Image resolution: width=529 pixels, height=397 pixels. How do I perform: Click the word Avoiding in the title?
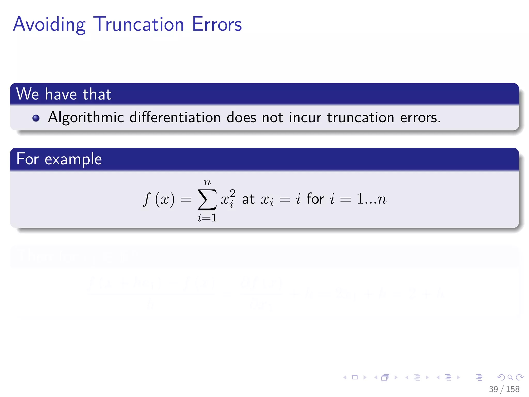coord(49,25)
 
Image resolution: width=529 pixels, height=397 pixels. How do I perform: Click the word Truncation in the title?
coord(138,25)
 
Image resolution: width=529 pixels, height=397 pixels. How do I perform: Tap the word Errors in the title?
coord(217,25)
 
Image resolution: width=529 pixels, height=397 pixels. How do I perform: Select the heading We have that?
coord(64,94)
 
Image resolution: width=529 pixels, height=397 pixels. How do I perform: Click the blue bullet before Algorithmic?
coord(36,118)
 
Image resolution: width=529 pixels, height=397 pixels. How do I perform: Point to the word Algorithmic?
coord(86,118)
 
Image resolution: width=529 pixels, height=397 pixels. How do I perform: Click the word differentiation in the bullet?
coord(175,118)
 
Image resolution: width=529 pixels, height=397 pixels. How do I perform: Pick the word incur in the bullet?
coord(305,118)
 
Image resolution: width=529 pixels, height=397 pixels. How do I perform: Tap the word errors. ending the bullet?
coord(420,118)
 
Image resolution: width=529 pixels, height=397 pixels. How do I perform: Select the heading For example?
coord(59,159)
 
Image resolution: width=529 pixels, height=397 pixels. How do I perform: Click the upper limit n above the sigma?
coord(207,182)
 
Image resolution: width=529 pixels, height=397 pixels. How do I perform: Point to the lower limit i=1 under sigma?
coord(207,218)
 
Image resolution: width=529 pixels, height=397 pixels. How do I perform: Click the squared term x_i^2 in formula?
coord(228,198)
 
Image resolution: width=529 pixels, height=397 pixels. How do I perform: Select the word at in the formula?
coord(248,199)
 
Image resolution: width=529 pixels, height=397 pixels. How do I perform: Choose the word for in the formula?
coord(315,199)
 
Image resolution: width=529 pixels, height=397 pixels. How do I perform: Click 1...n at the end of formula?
coord(371,199)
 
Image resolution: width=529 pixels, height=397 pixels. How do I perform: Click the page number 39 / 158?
coord(504,389)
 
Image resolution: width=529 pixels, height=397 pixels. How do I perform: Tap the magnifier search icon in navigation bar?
coord(510,378)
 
